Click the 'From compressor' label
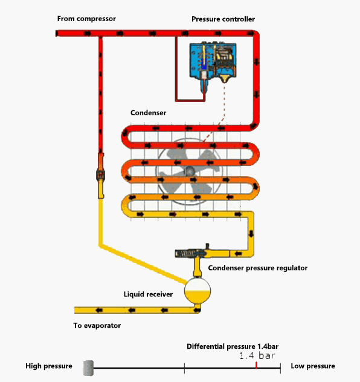pyautogui.click(x=86, y=19)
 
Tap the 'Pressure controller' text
pyautogui.click(x=223, y=19)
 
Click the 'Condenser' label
pyautogui.click(x=148, y=113)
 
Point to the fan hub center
pyautogui.click(x=190, y=172)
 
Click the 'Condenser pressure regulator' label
pyautogui.click(x=258, y=267)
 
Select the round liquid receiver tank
pyautogui.click(x=196, y=291)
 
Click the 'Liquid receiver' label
pyautogui.click(x=148, y=294)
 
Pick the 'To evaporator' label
pyautogui.click(x=97, y=325)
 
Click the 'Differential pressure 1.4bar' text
pyautogui.click(x=232, y=346)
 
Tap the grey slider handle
pyautogui.click(x=88, y=367)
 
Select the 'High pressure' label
pyautogui.click(x=49, y=366)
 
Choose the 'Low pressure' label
pyautogui.click(x=312, y=366)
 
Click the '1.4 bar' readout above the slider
pyautogui.click(x=257, y=356)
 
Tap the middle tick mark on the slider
pyautogui.click(x=184, y=366)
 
